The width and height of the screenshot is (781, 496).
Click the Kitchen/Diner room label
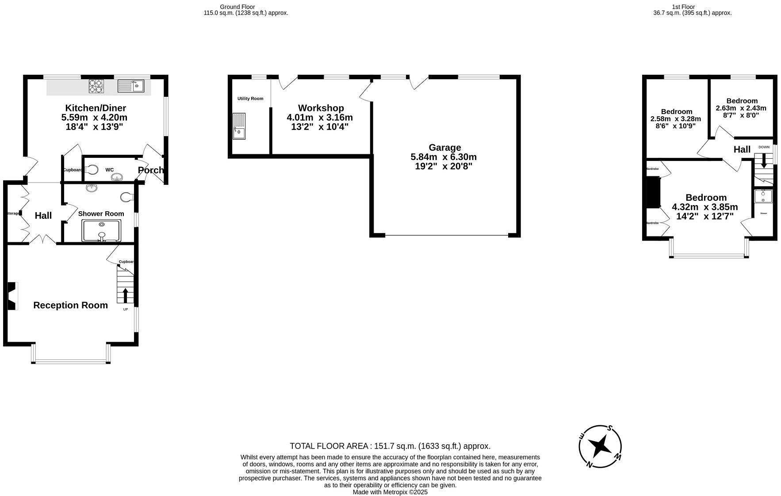pos(96,108)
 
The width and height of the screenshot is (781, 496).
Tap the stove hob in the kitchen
pos(96,85)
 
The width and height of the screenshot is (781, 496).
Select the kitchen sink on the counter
pos(131,85)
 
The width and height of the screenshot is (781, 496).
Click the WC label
pos(109,170)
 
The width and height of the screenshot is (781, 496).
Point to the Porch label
pos(151,170)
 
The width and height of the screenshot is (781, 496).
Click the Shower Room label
pos(101,214)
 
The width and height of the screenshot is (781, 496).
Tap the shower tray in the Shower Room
pos(101,230)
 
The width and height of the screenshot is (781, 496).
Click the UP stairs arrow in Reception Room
pos(125,295)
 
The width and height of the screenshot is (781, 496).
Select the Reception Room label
pos(71,305)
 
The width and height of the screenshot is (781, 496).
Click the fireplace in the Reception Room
pos(12,296)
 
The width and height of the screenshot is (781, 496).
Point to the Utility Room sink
pos(239,126)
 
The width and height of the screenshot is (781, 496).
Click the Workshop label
pos(321,108)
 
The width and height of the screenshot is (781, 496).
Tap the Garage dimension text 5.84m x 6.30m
pos(444,157)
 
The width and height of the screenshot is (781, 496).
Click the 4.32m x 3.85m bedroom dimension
pos(705,207)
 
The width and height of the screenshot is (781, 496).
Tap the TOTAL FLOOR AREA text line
pos(390,446)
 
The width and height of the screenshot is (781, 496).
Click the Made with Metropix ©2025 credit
pos(390,492)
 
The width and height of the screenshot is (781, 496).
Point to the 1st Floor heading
pos(683,7)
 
